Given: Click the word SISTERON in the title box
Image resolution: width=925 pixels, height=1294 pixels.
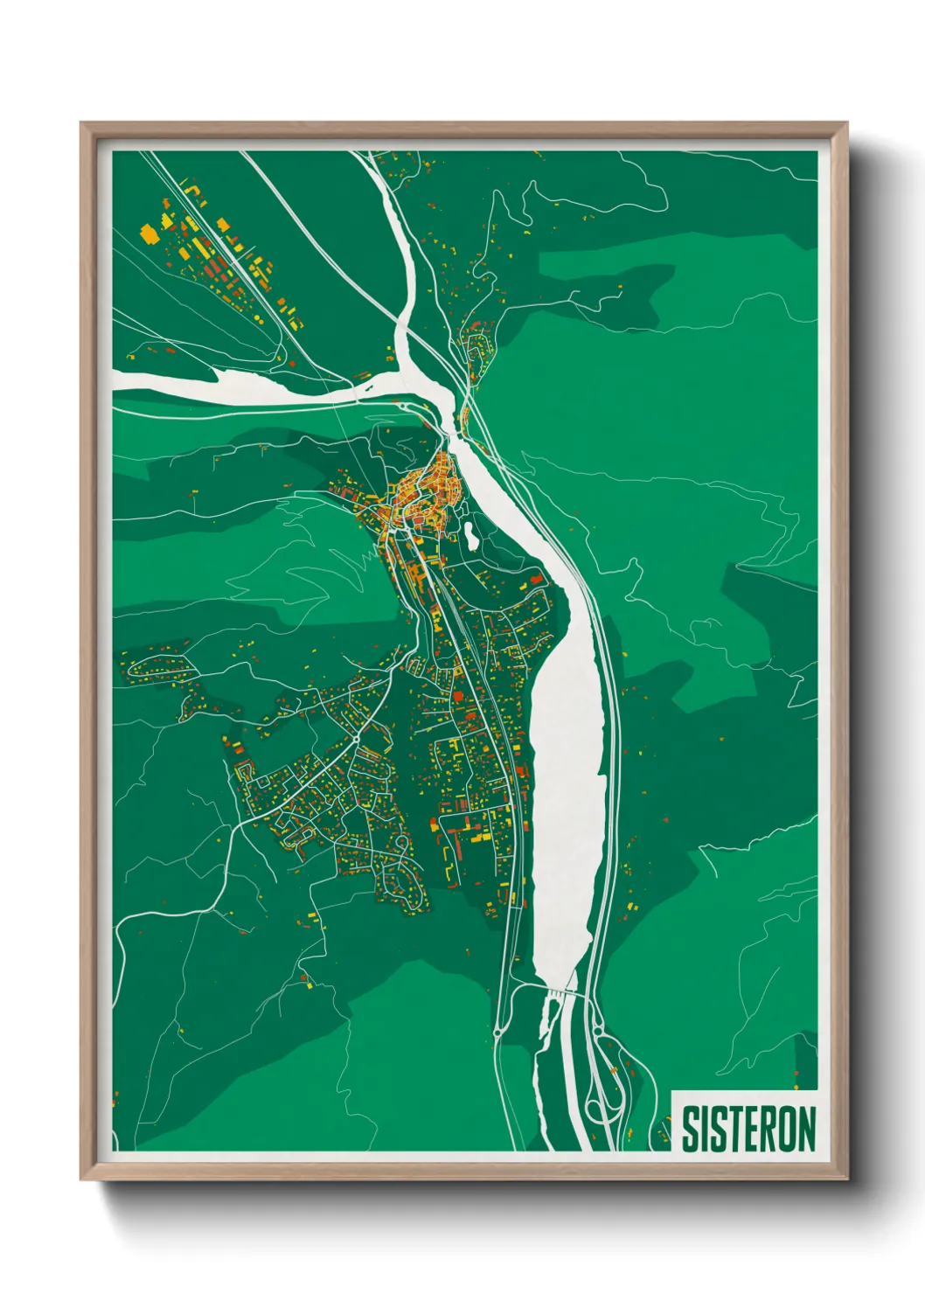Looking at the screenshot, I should pyautogui.click(x=748, y=1129).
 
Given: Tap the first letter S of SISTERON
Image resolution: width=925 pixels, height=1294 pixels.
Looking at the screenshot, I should pyautogui.click(x=688, y=1129).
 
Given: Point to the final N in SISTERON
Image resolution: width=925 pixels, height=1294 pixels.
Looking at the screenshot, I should pyautogui.click(x=806, y=1129).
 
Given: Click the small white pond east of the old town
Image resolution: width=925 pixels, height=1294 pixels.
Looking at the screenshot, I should pyautogui.click(x=470, y=535).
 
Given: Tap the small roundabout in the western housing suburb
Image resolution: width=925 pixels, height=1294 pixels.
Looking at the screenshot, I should pyautogui.click(x=357, y=740).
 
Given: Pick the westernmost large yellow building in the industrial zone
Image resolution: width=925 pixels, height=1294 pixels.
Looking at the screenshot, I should pyautogui.click(x=149, y=233).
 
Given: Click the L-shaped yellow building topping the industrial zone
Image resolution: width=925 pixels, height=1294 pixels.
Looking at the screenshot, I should pyautogui.click(x=193, y=187).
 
